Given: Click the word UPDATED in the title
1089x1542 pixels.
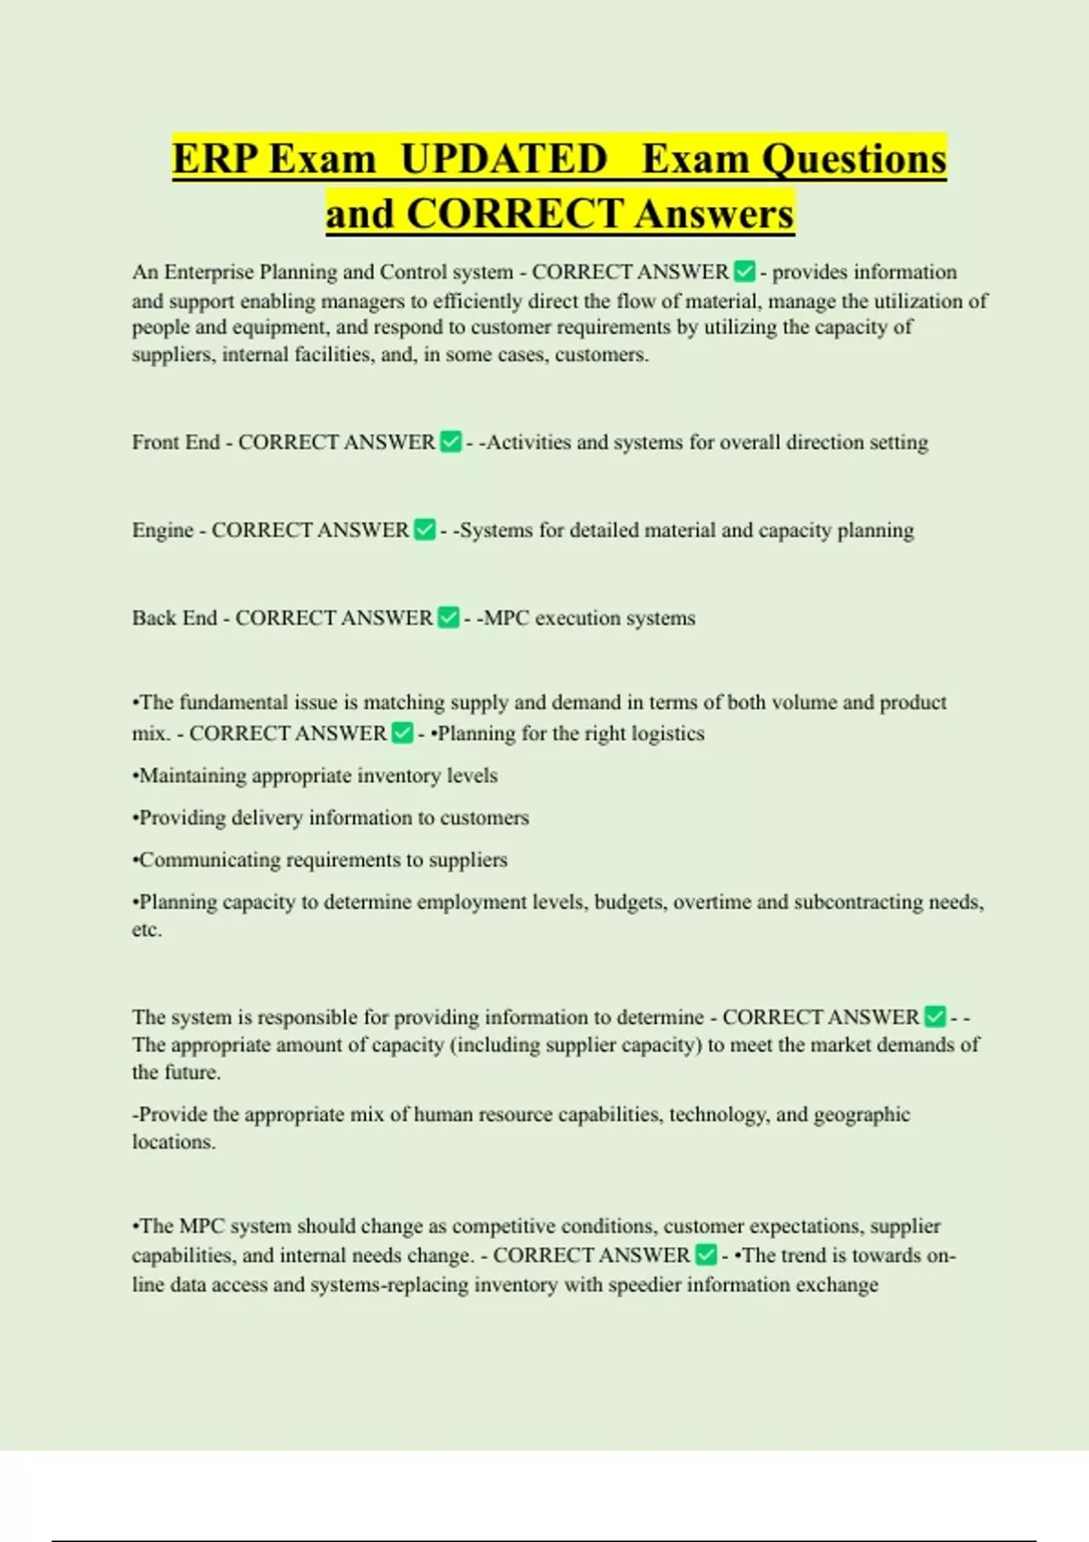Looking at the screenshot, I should pos(504,159).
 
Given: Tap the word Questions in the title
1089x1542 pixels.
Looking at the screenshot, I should pos(854,159).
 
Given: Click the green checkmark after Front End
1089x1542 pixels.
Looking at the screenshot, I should pos(450,442).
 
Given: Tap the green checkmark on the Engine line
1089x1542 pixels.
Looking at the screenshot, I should pos(424,530).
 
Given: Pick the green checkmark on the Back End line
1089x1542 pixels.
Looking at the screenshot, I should pos(448,618).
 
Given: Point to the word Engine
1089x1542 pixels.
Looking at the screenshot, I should pos(162,531).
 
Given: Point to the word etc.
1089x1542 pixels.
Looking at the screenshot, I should pos(146,930).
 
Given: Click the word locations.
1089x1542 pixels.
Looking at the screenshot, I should pos(173,1142).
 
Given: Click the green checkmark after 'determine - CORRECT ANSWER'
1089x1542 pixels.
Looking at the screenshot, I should pos(935,1017).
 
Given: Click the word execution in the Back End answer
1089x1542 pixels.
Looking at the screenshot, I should pos(577,618).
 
